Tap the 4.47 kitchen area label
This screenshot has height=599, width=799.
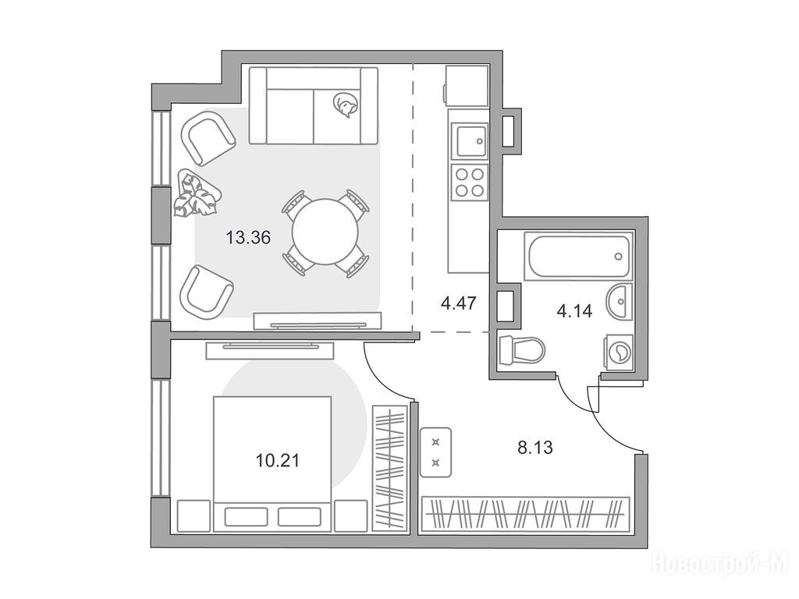pyautogui.click(x=459, y=304)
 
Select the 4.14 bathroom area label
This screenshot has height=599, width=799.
pyautogui.click(x=574, y=310)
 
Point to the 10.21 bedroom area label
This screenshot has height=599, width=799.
pyautogui.click(x=277, y=461)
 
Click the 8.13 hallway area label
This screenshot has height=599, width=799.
pyautogui.click(x=535, y=448)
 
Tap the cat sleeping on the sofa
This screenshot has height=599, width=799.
pyautogui.click(x=345, y=105)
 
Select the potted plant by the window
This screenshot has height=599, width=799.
pyautogui.click(x=197, y=194)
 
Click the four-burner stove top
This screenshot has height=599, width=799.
pyautogui.click(x=469, y=183)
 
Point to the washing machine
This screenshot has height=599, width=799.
pyautogui.click(x=618, y=352)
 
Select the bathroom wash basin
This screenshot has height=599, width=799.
pyautogui.click(x=620, y=300)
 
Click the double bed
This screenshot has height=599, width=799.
pyautogui.click(x=272, y=464)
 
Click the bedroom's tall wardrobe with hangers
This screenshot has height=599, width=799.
pyautogui.click(x=390, y=468)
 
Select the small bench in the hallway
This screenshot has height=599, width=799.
pyautogui.click(x=435, y=452)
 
